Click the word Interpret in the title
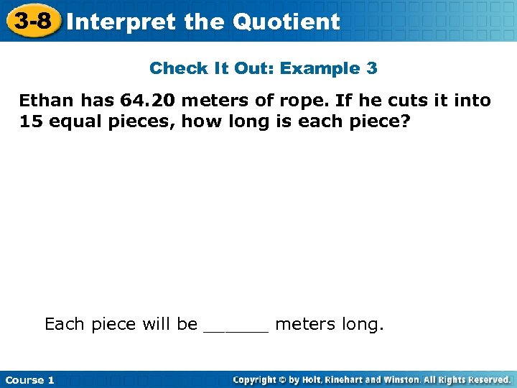(121, 22)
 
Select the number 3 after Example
(371, 69)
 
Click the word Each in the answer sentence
(65, 324)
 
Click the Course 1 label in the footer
(29, 379)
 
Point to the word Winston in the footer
(403, 379)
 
